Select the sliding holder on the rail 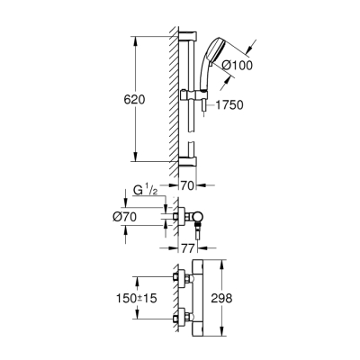[190, 94]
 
